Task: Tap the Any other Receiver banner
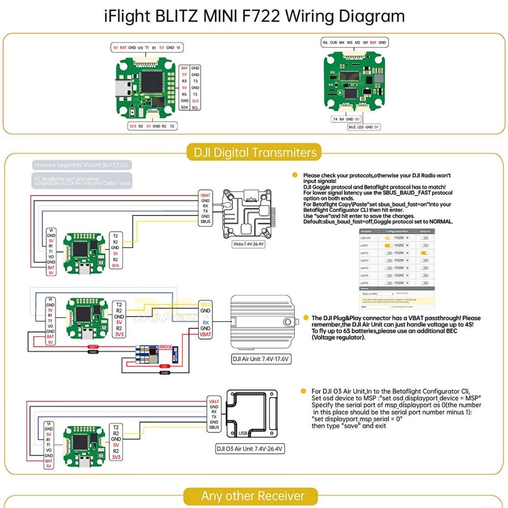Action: tap(252, 496)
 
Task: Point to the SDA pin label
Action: tap(184, 108)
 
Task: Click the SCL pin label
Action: tap(195, 108)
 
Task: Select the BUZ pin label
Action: tap(352, 127)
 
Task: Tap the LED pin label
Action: tap(361, 127)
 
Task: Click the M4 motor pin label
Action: tap(342, 43)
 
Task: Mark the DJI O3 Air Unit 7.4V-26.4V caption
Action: tap(249, 449)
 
